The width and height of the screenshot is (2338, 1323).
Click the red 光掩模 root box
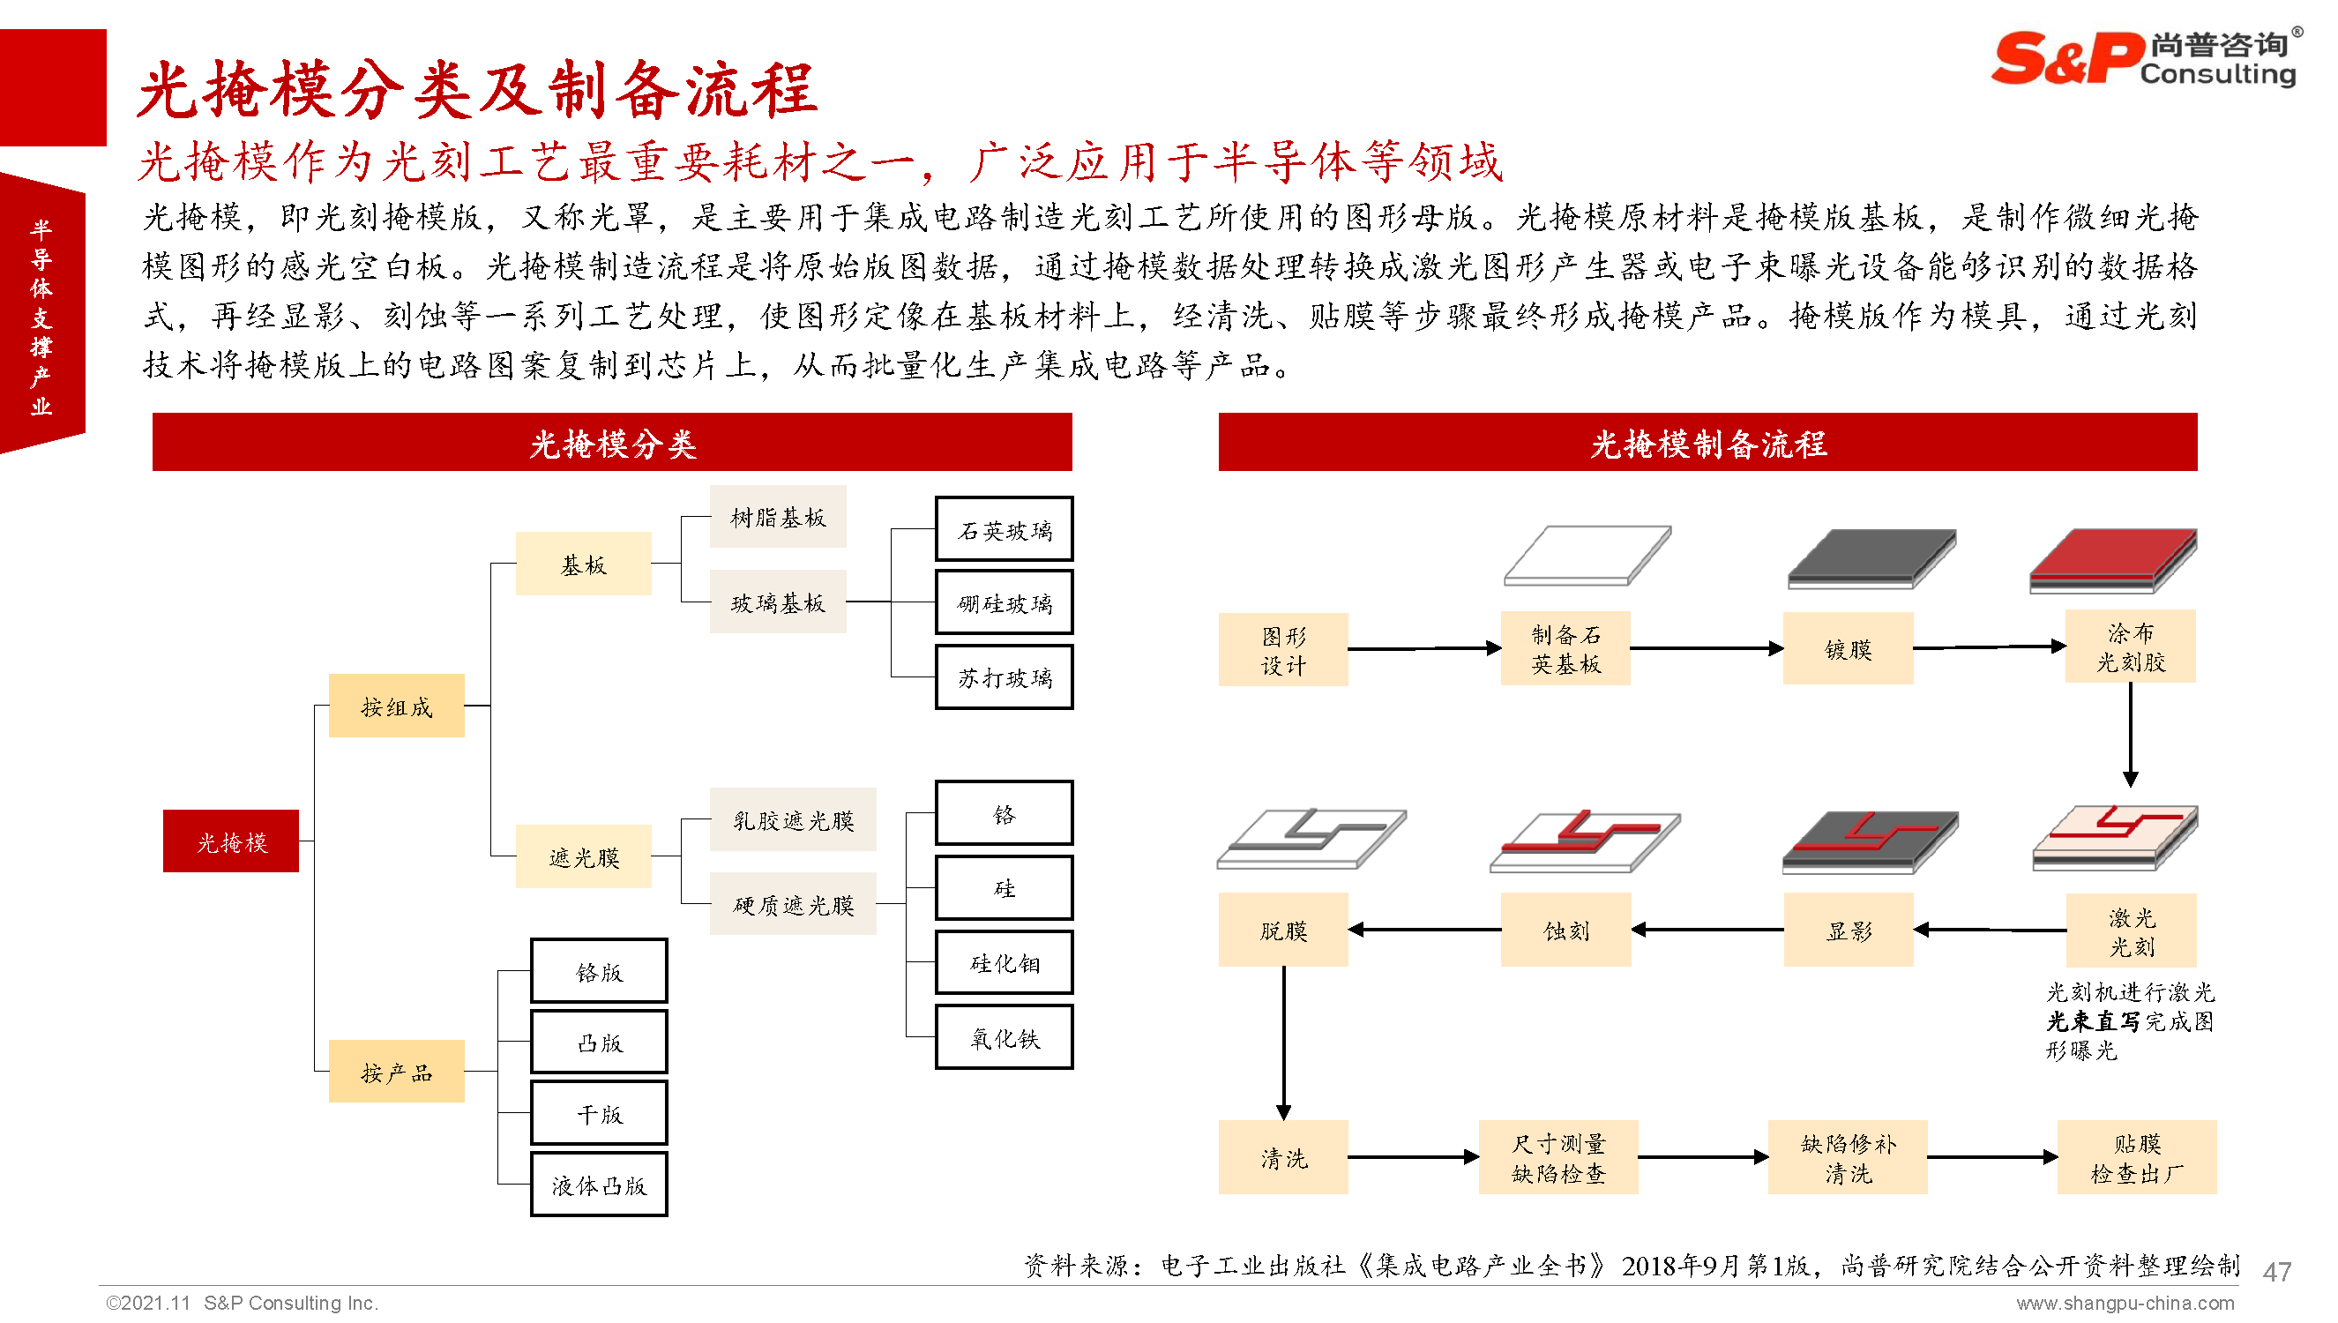click(231, 841)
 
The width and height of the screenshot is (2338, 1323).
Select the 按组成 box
click(396, 706)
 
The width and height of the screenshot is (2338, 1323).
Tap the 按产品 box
click(396, 1072)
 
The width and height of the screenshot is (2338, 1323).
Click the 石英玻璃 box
click(1004, 530)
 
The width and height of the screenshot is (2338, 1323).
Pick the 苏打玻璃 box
click(1004, 677)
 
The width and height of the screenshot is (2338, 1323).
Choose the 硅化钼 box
click(1004, 962)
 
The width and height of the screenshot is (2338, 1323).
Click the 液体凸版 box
click(599, 1184)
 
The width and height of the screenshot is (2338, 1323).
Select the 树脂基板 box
click(778, 517)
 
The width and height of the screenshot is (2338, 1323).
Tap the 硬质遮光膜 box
click(793, 904)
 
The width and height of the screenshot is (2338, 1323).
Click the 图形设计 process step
click(1282, 650)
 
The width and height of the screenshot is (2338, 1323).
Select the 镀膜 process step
click(1848, 649)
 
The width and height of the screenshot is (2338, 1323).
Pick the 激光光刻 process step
click(2131, 931)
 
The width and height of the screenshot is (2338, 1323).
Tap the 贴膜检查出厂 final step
click(2136, 1156)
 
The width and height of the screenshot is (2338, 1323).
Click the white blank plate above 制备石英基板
click(1586, 554)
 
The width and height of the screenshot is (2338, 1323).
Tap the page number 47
click(2276, 1270)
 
